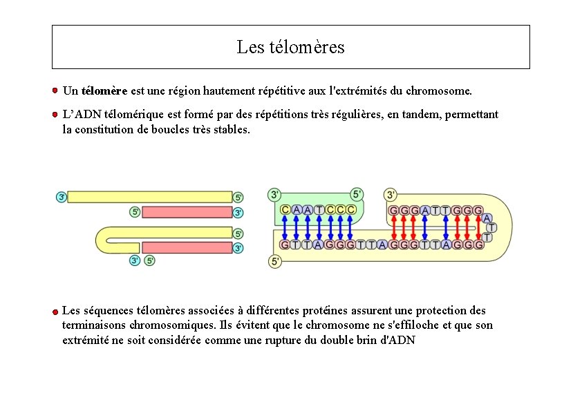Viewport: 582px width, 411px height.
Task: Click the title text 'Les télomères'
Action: click(290, 48)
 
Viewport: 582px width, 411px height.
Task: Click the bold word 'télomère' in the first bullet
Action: click(104, 90)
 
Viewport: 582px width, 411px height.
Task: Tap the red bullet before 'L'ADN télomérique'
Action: click(54, 114)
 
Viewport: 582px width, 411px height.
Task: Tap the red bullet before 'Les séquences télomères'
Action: click(54, 312)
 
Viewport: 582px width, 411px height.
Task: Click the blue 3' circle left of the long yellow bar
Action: click(62, 197)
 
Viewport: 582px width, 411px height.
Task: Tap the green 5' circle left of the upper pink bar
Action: click(135, 212)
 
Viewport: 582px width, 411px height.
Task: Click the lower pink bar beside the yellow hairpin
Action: click(187, 247)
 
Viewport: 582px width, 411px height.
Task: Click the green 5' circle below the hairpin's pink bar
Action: click(149, 260)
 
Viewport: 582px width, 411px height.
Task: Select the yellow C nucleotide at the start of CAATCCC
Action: click(285, 209)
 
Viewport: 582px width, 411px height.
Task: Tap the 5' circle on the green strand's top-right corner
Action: click(357, 195)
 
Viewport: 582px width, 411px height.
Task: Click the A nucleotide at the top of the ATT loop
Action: click(487, 218)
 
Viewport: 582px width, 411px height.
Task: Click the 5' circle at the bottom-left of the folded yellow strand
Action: click(275, 261)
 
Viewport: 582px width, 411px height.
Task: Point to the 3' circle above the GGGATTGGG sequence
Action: click(391, 195)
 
